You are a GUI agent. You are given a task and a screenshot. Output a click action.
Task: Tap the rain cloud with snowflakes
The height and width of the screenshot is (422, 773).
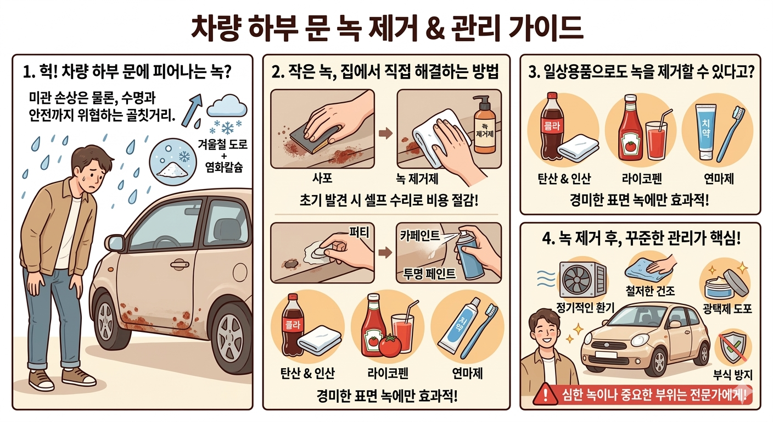tap(227, 114)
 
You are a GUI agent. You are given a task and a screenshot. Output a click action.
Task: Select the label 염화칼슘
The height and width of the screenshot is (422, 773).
tap(224, 168)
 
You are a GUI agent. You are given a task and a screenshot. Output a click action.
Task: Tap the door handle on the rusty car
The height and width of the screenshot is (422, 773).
tap(180, 265)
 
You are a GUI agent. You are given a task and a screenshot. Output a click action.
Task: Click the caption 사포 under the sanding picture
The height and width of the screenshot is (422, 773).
tap(322, 178)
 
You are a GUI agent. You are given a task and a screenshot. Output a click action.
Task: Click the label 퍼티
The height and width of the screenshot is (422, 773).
tap(359, 232)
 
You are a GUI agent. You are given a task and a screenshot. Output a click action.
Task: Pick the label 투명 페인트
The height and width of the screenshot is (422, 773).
tap(429, 274)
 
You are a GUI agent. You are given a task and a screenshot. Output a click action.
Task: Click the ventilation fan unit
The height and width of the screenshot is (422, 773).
tap(582, 279)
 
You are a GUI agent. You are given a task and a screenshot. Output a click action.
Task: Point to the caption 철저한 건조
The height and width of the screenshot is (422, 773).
tap(650, 291)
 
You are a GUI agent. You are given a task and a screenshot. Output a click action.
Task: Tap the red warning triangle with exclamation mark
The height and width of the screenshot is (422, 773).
tap(545, 395)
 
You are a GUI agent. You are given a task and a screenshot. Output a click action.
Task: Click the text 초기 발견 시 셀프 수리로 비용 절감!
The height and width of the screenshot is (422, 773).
tap(389, 201)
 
